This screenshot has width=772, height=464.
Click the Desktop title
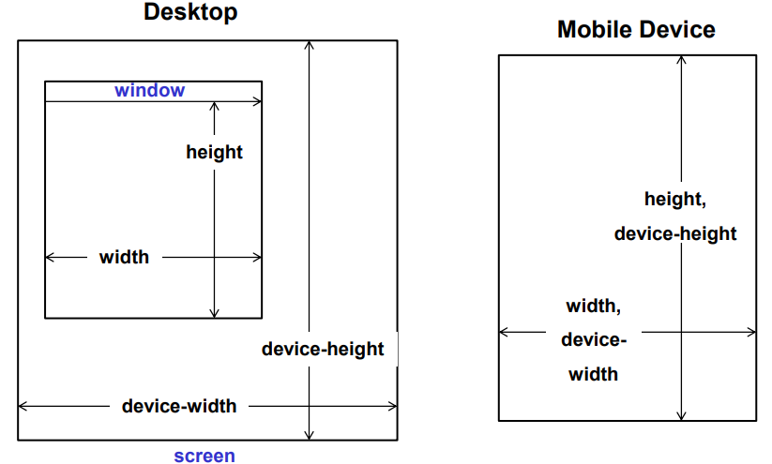click(190, 13)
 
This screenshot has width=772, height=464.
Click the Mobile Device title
click(636, 30)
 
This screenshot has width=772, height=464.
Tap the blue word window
click(149, 91)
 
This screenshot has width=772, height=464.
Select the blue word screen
click(204, 457)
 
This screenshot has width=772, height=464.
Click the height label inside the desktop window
click(214, 152)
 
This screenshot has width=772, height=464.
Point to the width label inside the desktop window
click(124, 257)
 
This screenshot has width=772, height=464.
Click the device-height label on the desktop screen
click(323, 350)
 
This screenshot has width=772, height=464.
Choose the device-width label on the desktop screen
click(179, 407)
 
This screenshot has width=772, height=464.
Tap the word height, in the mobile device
click(674, 199)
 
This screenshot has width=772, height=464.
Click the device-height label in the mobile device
click(675, 233)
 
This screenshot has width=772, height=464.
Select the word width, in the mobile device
click(594, 307)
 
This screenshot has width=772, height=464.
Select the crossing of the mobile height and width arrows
click(682, 331)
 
